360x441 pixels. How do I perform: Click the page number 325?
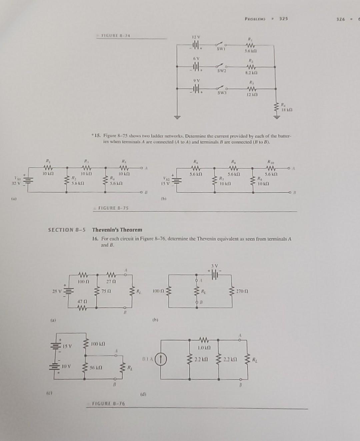[x=283, y=19]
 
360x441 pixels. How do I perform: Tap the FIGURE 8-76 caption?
[x=109, y=404]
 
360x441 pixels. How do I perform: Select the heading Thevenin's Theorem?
[x=117, y=230]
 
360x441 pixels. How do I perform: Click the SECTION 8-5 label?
[x=67, y=230]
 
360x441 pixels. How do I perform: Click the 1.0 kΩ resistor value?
[x=203, y=347]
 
